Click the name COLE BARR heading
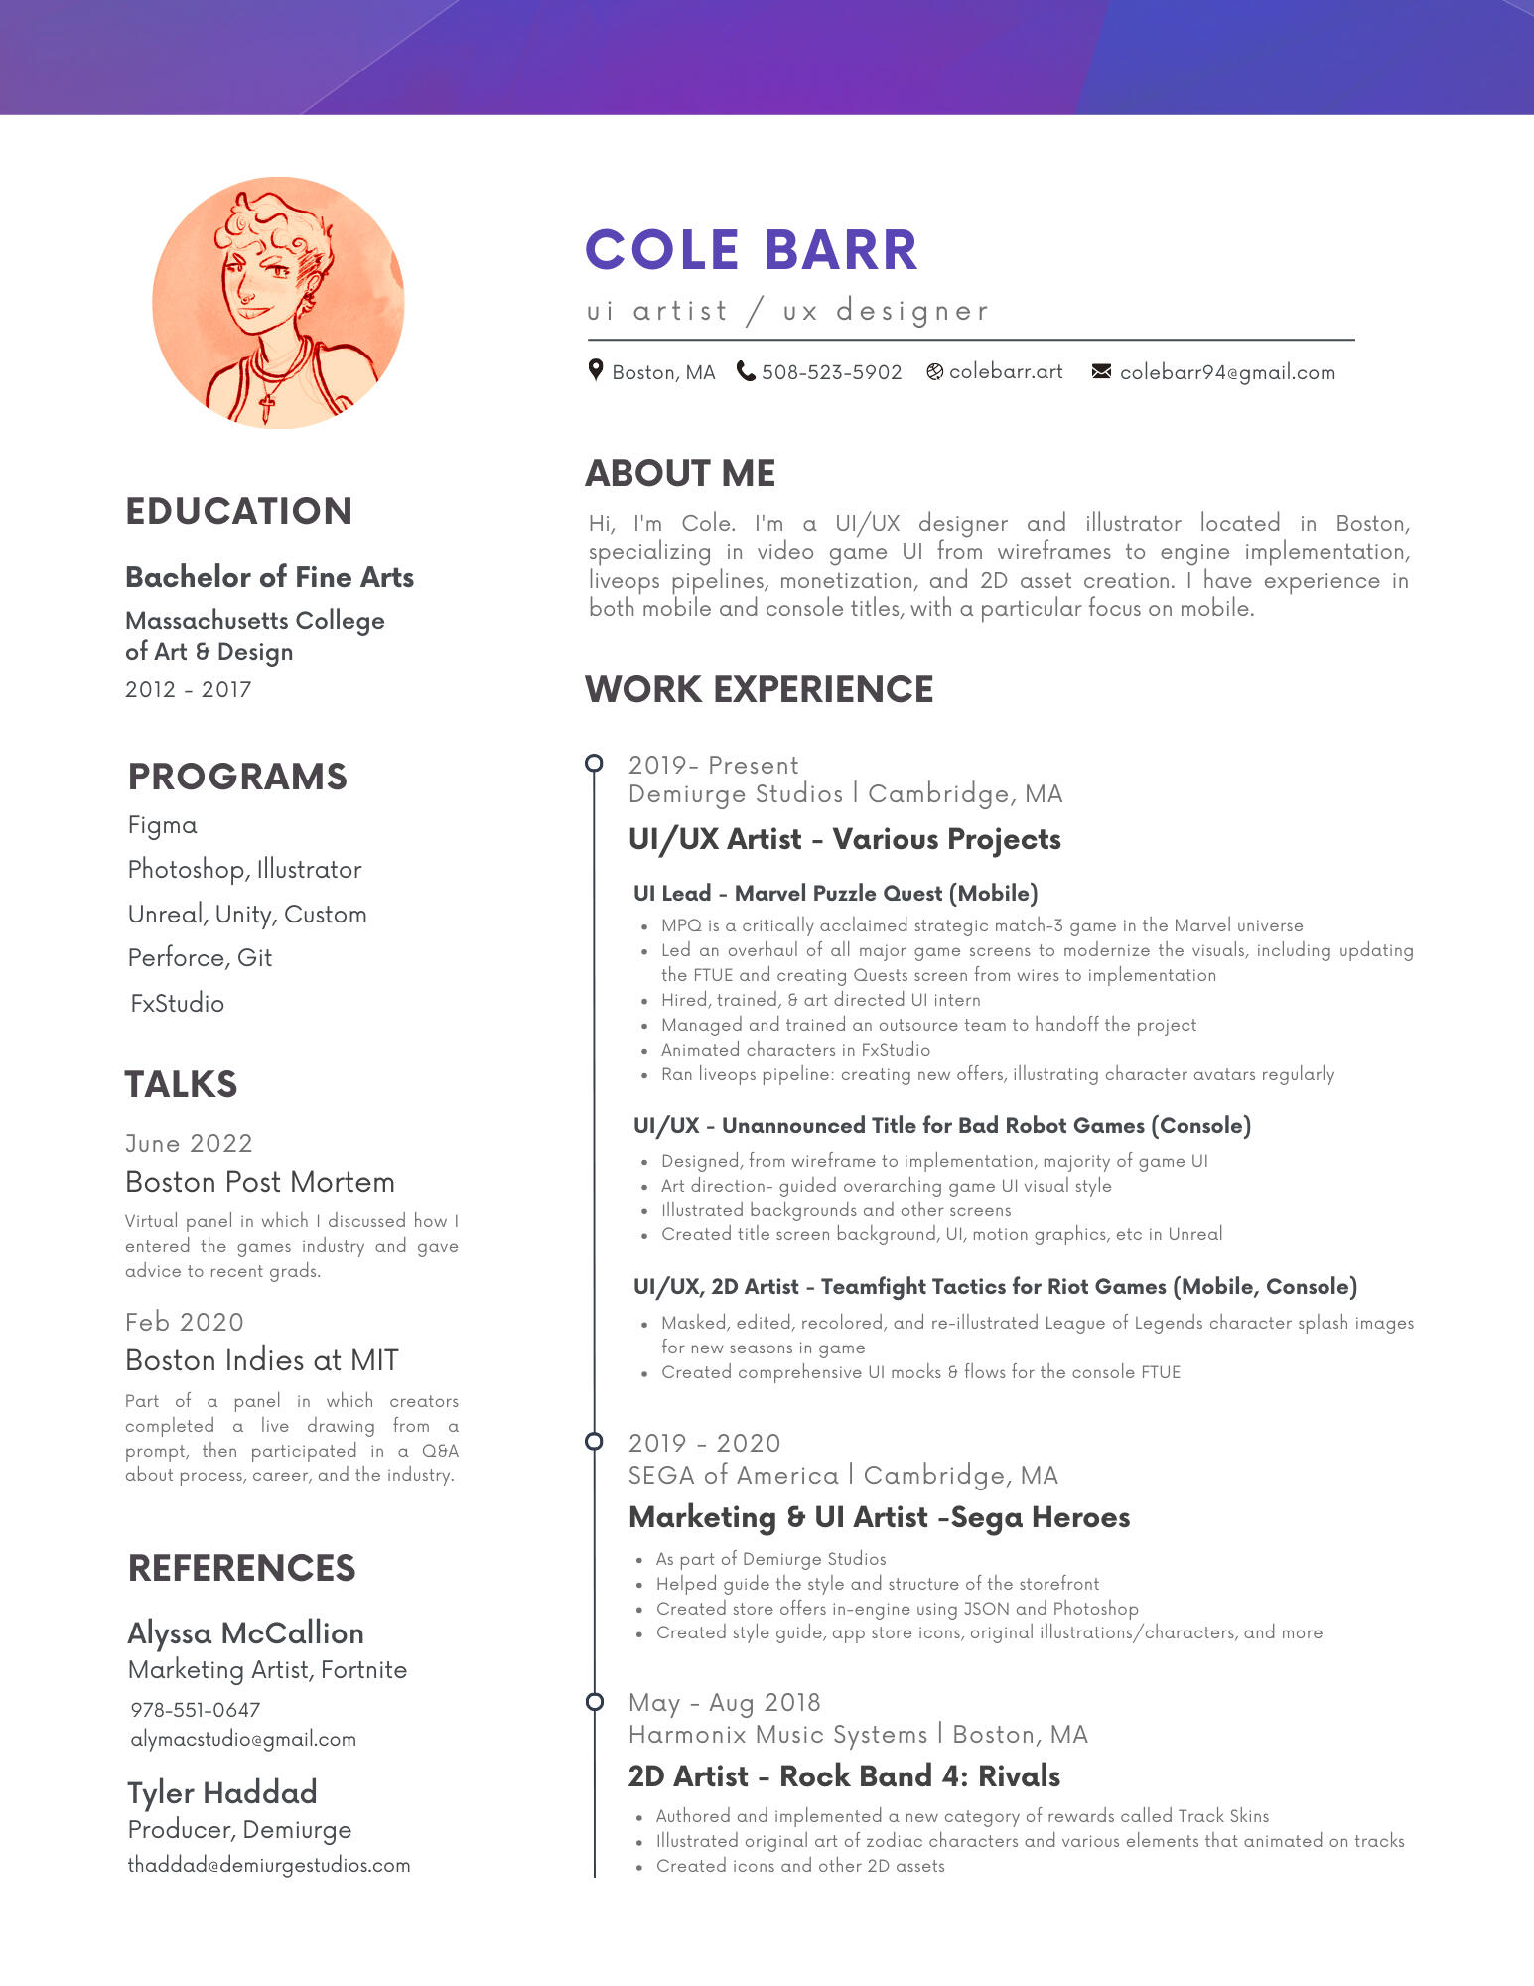coord(752,250)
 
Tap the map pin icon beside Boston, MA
coord(596,370)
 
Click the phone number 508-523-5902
coord(831,372)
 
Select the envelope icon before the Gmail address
coord(1101,371)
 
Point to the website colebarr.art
coord(1005,372)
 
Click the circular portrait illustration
coord(278,303)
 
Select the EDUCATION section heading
coord(238,511)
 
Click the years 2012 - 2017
coord(188,689)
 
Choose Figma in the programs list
coord(163,825)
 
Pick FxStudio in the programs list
coord(178,1003)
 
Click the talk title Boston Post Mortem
coord(260,1182)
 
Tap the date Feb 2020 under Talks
coord(185,1322)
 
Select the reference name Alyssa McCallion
coord(245,1633)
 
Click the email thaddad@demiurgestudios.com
coord(269,1865)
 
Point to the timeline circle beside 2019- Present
coord(594,763)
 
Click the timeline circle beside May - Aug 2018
coord(594,1702)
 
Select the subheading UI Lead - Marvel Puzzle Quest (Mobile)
coord(835,893)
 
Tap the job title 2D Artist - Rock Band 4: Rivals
coord(844,1776)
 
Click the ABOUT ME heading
coord(680,473)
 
